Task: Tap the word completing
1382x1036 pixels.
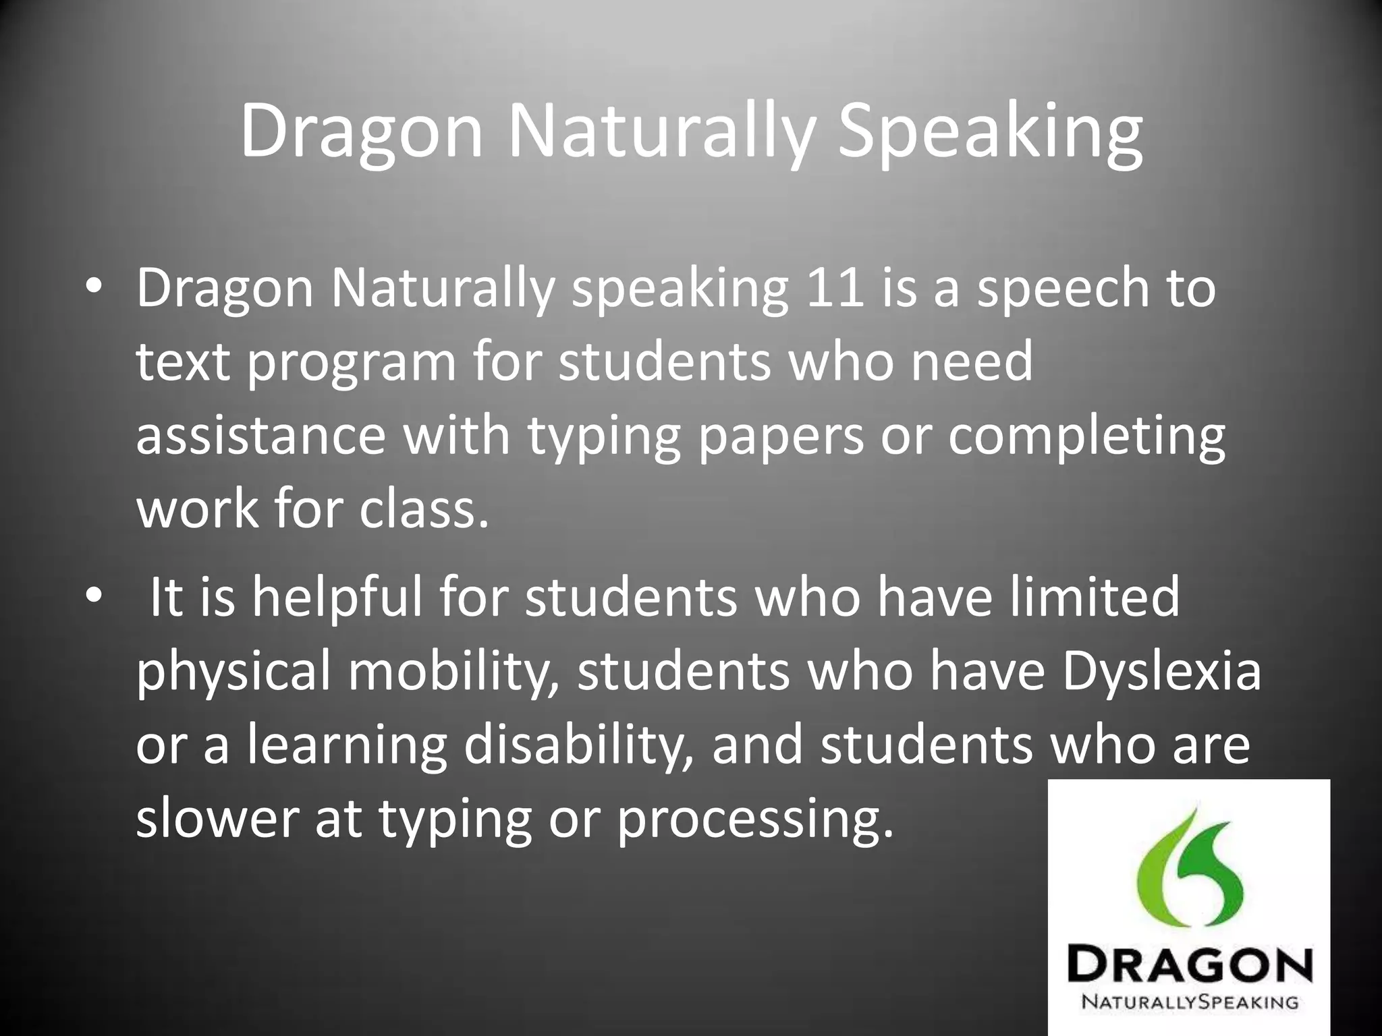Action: point(1086,437)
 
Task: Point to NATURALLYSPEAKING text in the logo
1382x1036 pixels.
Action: point(1190,1002)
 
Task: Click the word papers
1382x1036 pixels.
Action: point(780,437)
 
